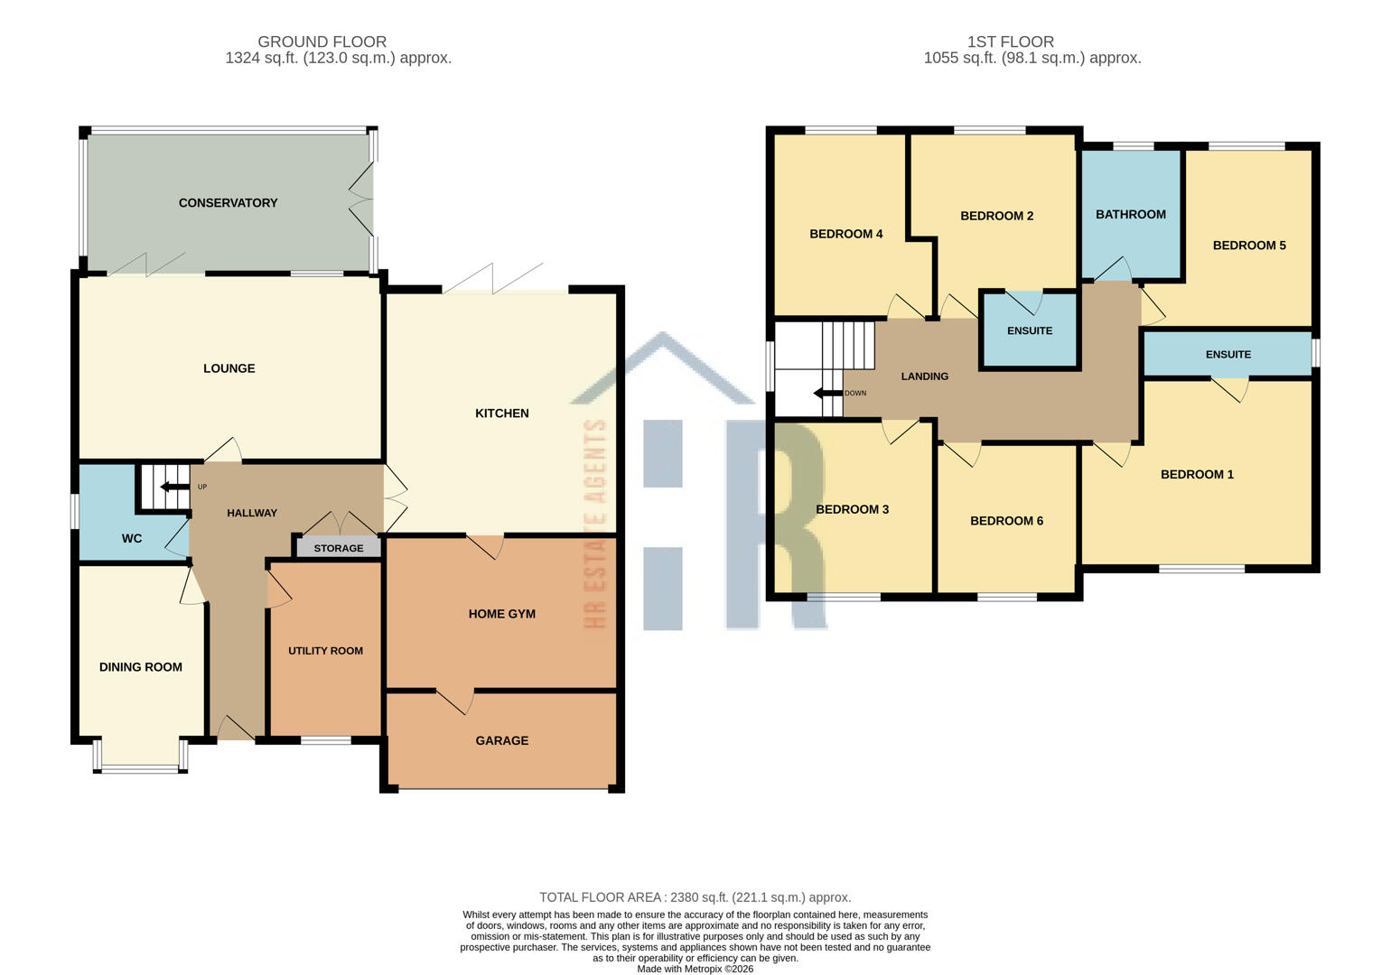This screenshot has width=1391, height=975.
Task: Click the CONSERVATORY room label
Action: [x=228, y=203]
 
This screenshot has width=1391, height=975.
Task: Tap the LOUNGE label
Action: [x=229, y=368]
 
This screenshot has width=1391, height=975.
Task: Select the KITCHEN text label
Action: [x=501, y=413]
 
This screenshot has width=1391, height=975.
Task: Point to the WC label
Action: [x=132, y=539]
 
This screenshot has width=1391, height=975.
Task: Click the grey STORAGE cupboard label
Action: [x=339, y=548]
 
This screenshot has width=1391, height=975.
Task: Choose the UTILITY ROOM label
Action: [x=325, y=651]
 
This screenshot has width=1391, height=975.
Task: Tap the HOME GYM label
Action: [x=501, y=614]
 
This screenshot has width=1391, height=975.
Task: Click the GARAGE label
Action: [x=501, y=741]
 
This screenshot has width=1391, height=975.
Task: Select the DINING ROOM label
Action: [x=141, y=667]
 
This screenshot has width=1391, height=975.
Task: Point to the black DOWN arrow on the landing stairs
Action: [x=826, y=394]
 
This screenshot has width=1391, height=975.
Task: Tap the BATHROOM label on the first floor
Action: [x=1130, y=215]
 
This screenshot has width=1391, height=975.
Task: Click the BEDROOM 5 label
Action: [x=1248, y=246]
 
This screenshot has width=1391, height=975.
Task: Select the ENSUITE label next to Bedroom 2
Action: [x=1030, y=331]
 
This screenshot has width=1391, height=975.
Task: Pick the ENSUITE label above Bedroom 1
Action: [x=1228, y=355]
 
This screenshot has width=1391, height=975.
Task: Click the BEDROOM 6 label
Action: [x=1006, y=521]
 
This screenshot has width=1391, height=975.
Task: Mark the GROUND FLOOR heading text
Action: [x=322, y=42]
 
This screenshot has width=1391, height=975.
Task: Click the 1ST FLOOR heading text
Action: [x=1010, y=42]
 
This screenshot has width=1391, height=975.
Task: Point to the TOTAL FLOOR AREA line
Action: [x=695, y=897]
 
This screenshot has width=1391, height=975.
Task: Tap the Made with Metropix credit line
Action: [x=695, y=969]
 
